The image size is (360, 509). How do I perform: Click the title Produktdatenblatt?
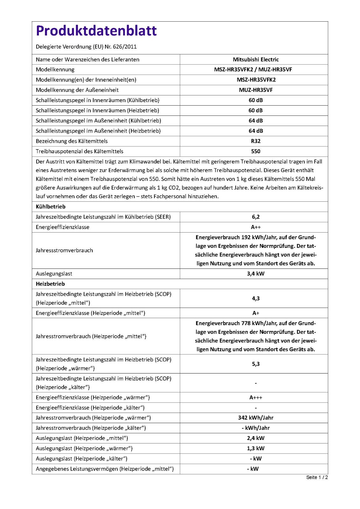[96, 31]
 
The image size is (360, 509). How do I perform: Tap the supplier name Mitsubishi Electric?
[256, 59]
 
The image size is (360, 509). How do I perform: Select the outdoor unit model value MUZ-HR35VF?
[256, 90]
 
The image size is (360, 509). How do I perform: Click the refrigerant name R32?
[256, 141]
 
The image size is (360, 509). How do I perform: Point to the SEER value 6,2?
[256, 217]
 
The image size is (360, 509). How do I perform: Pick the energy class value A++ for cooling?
[256, 227]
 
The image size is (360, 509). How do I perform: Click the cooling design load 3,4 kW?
[256, 274]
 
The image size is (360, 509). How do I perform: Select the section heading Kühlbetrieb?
[51, 207]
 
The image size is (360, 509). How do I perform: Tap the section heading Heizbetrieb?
[50, 284]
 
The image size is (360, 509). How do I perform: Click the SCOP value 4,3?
[256, 298]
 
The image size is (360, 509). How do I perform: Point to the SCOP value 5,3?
[256, 364]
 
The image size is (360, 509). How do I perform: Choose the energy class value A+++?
[256, 398]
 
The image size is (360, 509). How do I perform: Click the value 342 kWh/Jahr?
[256, 418]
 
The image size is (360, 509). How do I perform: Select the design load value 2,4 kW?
[256, 438]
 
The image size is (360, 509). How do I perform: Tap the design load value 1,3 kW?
[256, 449]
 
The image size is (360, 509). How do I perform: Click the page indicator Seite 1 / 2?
[317, 478]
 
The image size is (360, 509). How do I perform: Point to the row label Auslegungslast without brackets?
[54, 274]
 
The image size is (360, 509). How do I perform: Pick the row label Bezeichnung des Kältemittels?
[72, 141]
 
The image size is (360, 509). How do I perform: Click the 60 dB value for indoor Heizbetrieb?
[256, 110]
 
